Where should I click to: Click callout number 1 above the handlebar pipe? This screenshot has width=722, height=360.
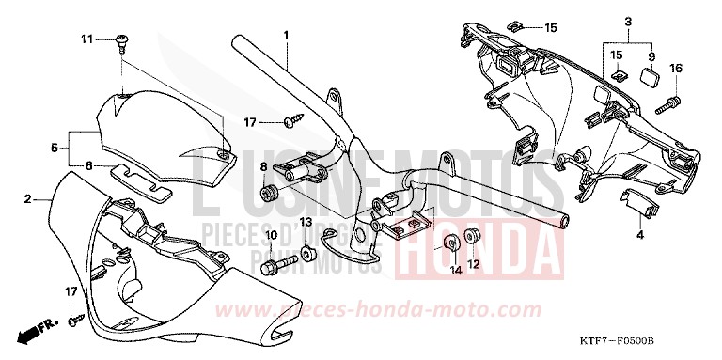click(x=285, y=35)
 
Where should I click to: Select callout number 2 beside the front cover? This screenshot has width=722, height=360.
click(x=28, y=199)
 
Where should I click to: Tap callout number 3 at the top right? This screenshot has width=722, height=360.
click(x=628, y=21)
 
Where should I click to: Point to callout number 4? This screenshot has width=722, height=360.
click(x=639, y=235)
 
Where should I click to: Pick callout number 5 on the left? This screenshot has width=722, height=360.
click(x=55, y=148)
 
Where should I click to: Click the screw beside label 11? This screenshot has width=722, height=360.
click(x=122, y=39)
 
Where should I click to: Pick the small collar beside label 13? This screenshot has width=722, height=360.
click(x=307, y=254)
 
